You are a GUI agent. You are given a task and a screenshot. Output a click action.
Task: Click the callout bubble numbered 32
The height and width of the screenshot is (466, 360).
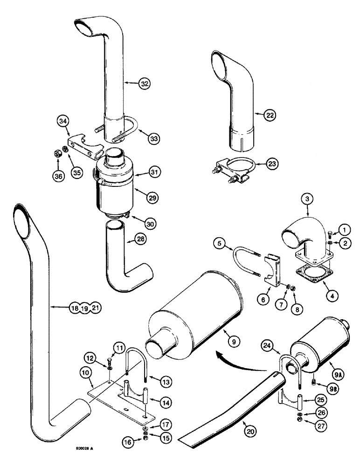pos(145,84)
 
